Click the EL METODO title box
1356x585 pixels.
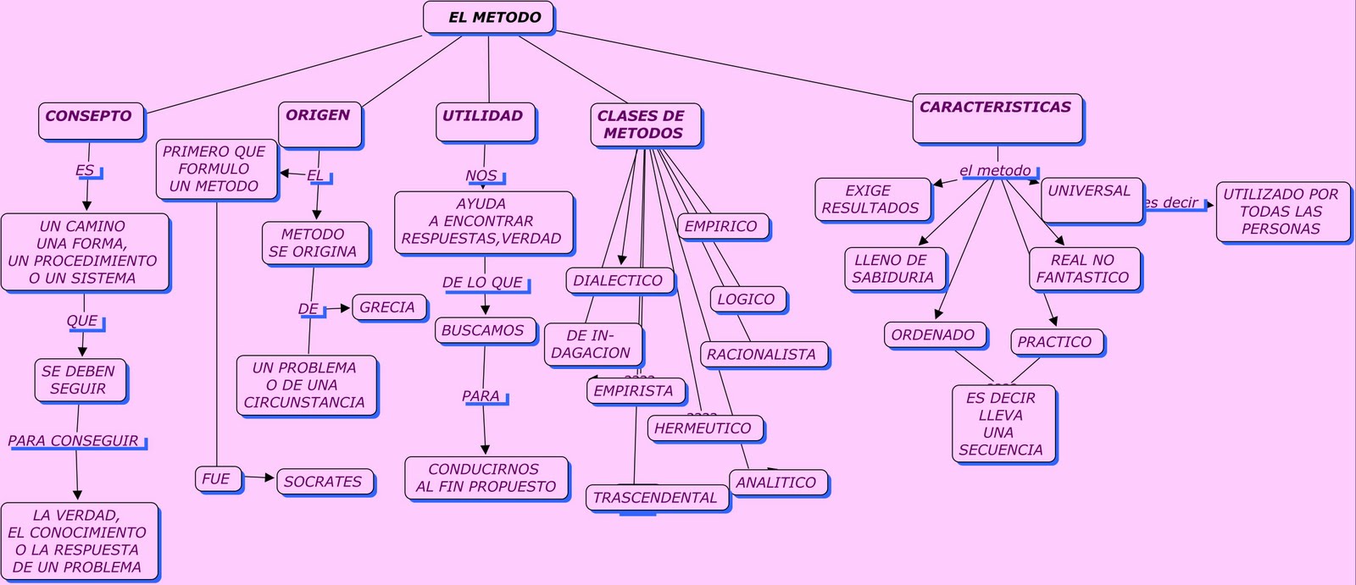pos(488,18)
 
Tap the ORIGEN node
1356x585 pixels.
pos(320,124)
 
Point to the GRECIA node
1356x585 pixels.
pos(388,307)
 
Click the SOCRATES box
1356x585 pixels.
pos(324,482)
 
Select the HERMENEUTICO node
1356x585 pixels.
pos(704,428)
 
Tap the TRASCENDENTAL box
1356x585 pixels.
pos(656,498)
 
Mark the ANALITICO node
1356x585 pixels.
pos(777,483)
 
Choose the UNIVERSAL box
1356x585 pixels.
pos(1091,200)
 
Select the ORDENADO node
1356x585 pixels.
pos(934,335)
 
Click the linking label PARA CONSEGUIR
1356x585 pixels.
pos(75,441)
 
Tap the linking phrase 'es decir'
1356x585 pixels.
pos(1172,203)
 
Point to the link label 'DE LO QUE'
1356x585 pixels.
pos(483,283)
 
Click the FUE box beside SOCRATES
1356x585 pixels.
pos(217,479)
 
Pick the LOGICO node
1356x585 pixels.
pos(747,300)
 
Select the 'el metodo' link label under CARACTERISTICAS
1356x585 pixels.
pos(996,171)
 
